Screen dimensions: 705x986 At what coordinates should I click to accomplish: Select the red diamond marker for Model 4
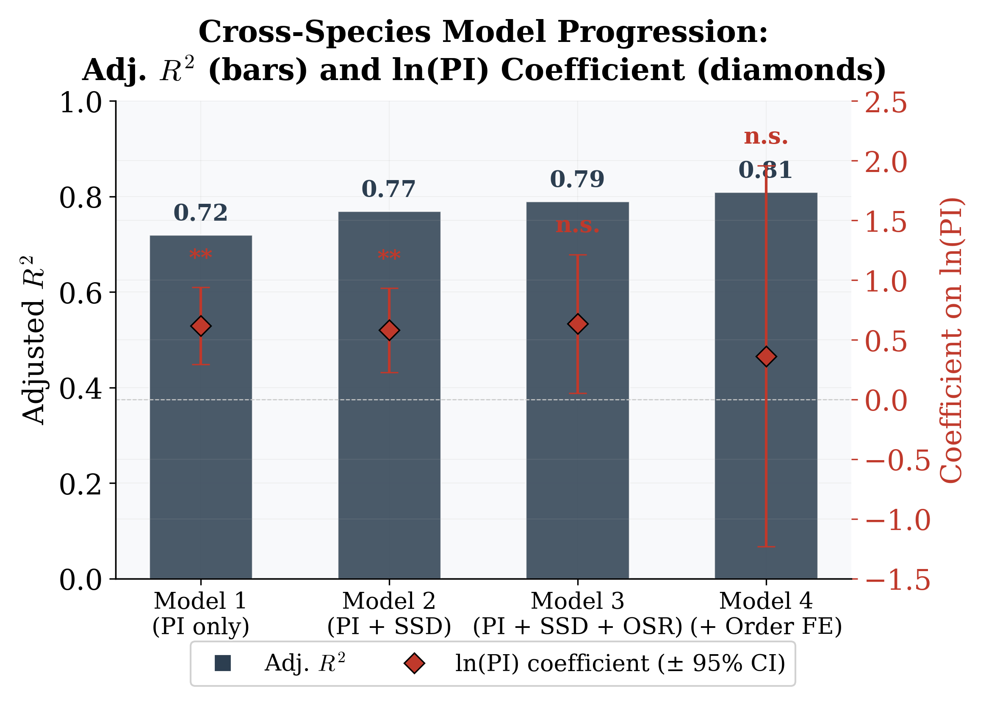click(x=766, y=357)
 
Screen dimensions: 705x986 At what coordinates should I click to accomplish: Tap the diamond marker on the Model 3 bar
click(x=578, y=324)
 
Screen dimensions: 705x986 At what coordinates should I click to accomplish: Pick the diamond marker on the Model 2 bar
click(x=389, y=330)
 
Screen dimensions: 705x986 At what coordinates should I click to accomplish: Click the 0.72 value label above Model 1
click(x=200, y=213)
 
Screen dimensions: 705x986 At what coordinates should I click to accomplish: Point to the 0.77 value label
click(x=388, y=189)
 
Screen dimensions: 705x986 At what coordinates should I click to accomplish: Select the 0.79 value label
click(x=577, y=179)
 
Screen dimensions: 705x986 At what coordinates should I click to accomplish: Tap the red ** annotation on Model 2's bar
click(x=389, y=255)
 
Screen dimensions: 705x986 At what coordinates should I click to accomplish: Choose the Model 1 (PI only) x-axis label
click(x=200, y=613)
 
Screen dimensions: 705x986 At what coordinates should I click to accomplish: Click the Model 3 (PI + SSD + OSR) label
click(x=577, y=613)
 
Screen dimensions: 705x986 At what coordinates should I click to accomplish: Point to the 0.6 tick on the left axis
click(x=81, y=293)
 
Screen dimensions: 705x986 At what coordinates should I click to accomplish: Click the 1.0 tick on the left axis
click(x=81, y=103)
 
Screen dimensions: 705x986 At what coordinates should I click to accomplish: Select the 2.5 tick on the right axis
click(x=885, y=103)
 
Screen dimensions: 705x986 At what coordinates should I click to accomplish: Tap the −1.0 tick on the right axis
click(x=897, y=519)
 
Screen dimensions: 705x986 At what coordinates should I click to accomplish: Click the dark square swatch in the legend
click(x=223, y=663)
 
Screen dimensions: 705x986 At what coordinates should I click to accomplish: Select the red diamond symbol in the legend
click(x=414, y=663)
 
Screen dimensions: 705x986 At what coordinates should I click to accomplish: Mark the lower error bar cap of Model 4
click(x=766, y=547)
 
